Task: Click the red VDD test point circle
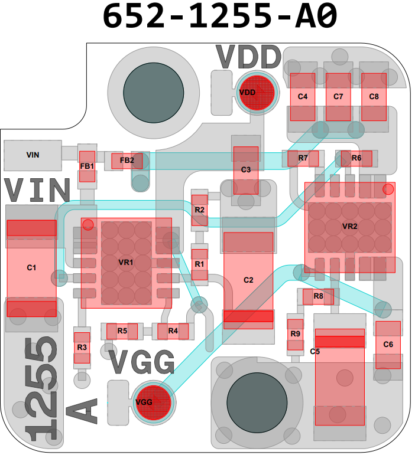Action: point(257,93)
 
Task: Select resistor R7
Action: point(303,158)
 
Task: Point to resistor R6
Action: point(356,158)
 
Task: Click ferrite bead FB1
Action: point(87,166)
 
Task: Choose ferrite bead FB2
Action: point(127,161)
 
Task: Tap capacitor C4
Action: point(303,97)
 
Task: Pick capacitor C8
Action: point(374,97)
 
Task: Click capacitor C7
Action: point(338,97)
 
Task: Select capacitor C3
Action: point(246,171)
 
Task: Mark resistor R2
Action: point(200,210)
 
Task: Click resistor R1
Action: point(200,264)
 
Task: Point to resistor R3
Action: point(82,348)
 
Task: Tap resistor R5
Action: point(122,332)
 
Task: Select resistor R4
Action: point(173,332)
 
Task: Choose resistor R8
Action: point(318,297)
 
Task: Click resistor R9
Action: point(295,335)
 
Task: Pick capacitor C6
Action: point(388,345)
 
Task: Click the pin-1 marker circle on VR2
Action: point(388,189)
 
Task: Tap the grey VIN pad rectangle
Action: point(33,156)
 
